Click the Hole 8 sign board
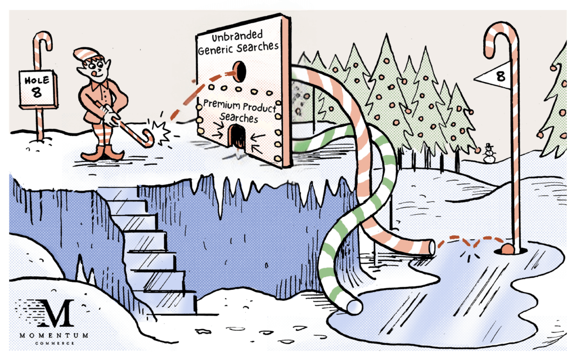tap(38, 89)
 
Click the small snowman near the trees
tap(489, 153)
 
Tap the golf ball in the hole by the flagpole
tap(507, 249)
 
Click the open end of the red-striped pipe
tap(431, 247)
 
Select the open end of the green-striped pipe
tap(353, 307)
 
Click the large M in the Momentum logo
tap(56, 313)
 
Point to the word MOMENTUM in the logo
tap(54, 335)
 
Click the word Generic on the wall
tap(216, 49)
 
